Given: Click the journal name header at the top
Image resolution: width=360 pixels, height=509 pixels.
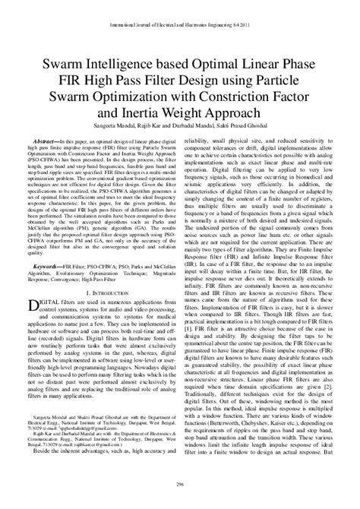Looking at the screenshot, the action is coord(180,7).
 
